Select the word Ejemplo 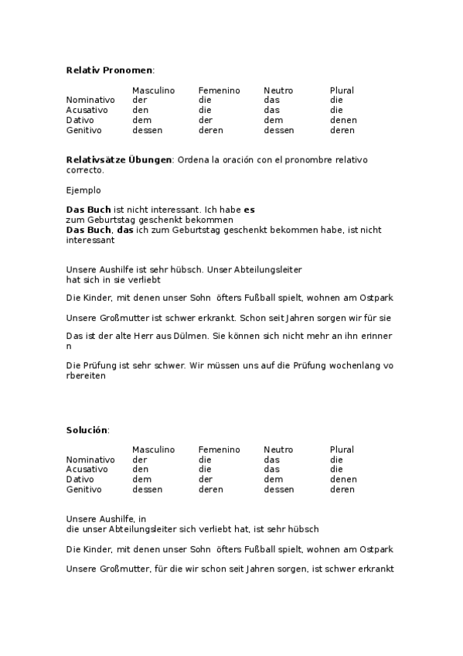tap(83, 190)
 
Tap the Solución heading tap(87, 429)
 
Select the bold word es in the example tap(249, 210)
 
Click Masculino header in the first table tap(154, 91)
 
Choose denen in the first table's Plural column tap(342, 120)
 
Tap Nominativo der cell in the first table tap(139, 100)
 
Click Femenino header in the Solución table tap(219, 449)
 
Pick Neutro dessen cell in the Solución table tap(278, 489)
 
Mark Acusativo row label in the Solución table tap(87, 469)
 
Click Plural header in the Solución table tap(342, 449)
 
